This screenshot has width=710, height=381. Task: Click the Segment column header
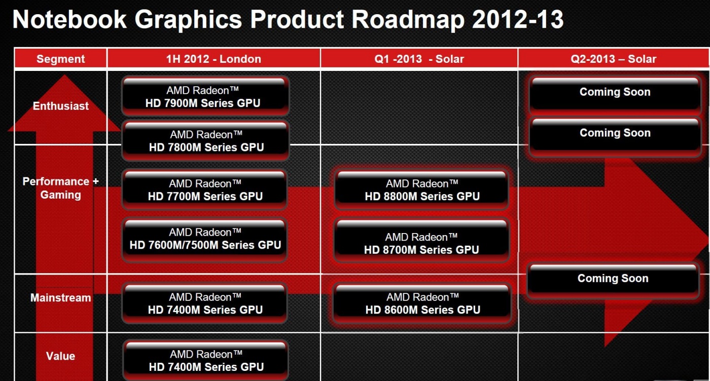(60, 59)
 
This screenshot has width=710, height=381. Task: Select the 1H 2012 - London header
(214, 59)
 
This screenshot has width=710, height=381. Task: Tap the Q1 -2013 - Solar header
(419, 59)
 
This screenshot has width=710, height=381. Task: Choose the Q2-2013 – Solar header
(613, 59)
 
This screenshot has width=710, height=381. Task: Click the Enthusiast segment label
(60, 106)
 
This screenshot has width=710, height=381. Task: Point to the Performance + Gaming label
(60, 188)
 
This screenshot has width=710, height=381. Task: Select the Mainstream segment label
(60, 298)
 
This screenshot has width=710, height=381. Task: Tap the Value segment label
(60, 356)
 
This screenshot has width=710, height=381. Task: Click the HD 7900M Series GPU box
(205, 96)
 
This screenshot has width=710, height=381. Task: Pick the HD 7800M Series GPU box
(206, 140)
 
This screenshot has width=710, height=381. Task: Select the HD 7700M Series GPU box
(205, 189)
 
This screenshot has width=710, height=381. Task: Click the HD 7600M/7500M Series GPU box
(205, 240)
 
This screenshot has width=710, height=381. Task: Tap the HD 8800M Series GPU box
(422, 189)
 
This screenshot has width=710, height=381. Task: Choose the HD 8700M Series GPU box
(421, 241)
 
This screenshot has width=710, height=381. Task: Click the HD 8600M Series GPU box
(422, 303)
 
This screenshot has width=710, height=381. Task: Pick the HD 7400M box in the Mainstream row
(205, 303)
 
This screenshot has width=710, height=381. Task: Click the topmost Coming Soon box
(615, 94)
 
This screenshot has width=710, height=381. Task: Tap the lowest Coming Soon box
(613, 281)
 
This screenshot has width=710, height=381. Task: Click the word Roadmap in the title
(408, 19)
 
